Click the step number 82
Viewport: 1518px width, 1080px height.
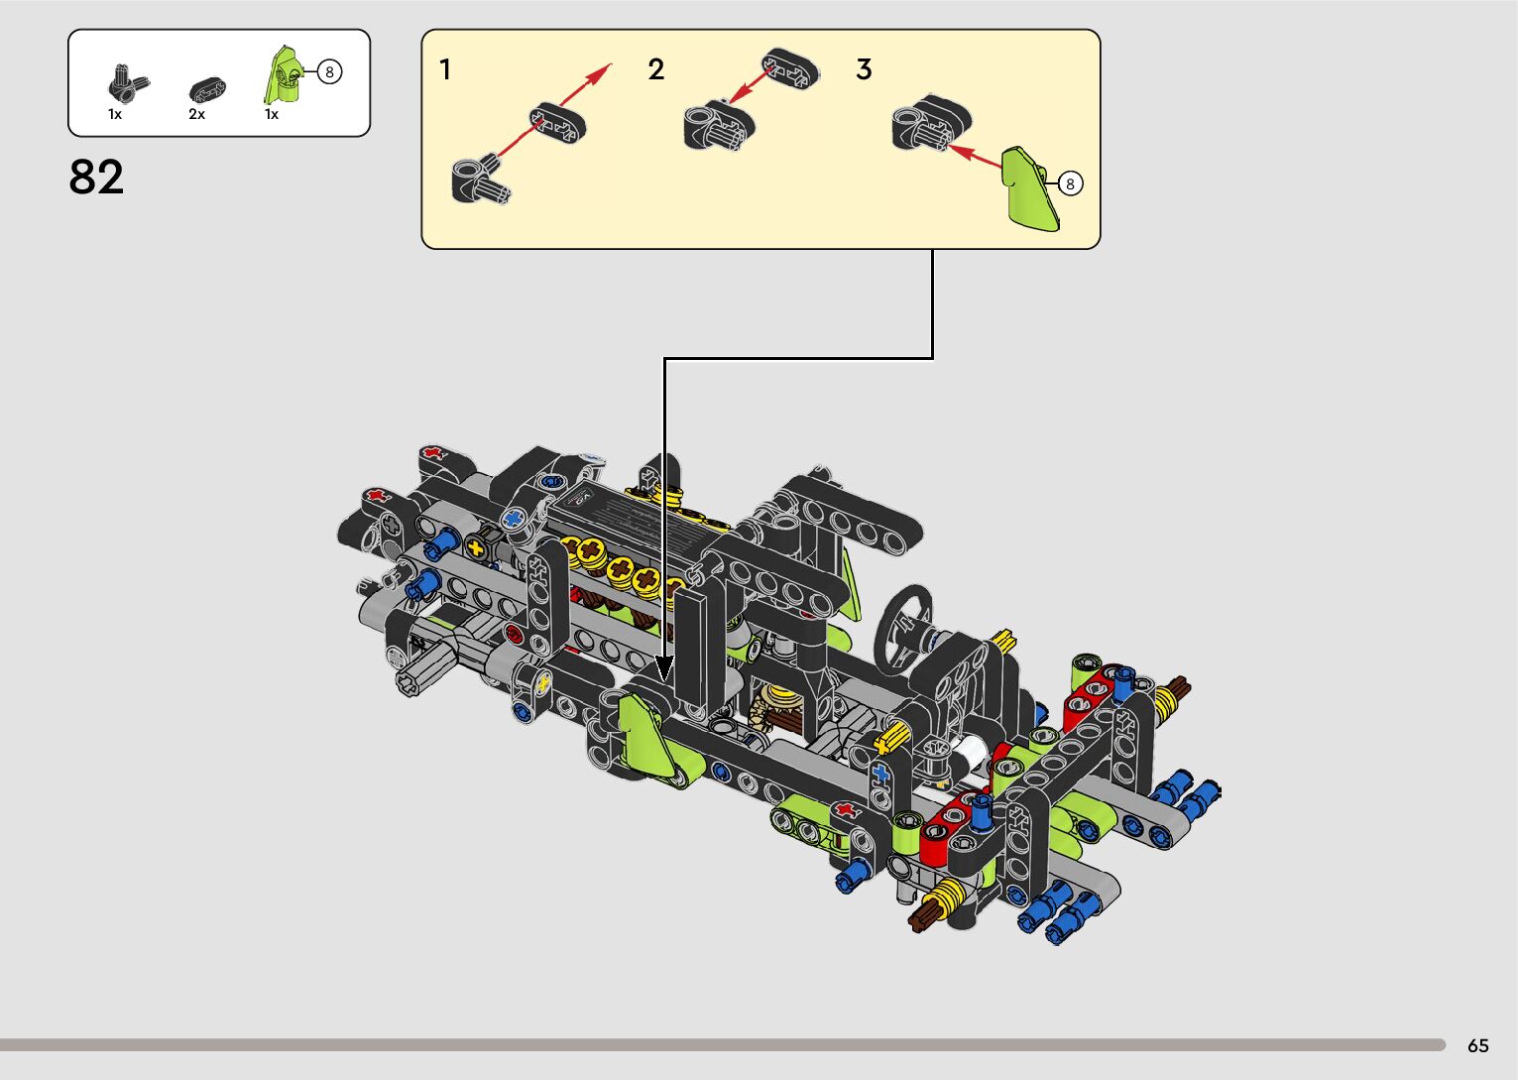click(x=96, y=177)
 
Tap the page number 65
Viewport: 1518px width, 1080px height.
click(x=1478, y=1045)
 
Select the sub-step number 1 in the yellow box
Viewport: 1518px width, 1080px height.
click(x=445, y=69)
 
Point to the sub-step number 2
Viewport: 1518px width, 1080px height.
click(x=656, y=69)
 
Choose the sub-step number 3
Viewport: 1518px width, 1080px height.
click(x=864, y=69)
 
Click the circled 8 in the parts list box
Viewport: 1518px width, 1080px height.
click(x=329, y=71)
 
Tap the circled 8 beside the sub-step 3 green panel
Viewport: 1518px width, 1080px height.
click(x=1070, y=183)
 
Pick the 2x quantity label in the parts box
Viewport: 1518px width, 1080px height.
click(x=196, y=114)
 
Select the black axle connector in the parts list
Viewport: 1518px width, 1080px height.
click(x=127, y=84)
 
